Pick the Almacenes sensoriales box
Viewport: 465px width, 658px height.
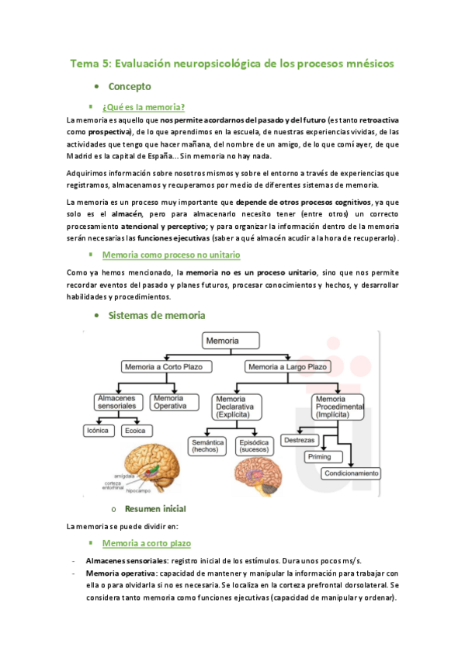(x=116, y=401)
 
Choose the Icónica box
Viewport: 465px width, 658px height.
(x=98, y=430)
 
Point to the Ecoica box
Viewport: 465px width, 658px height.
(x=135, y=430)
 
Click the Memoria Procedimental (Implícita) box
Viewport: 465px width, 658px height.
(x=338, y=405)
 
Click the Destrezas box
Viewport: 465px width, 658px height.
(x=299, y=440)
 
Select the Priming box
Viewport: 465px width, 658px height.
(x=319, y=456)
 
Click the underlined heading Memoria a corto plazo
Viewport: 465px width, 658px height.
(x=147, y=543)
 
